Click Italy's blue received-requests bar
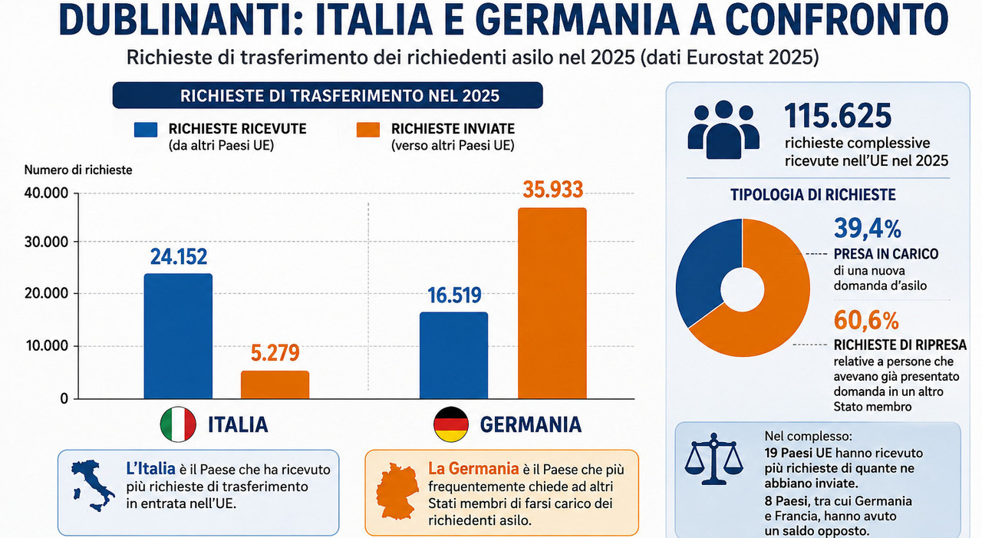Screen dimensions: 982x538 click(x=178, y=336)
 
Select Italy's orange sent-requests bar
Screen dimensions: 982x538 click(x=275, y=385)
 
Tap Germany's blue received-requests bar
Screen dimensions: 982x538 click(x=453, y=355)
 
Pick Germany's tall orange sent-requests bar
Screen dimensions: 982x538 click(x=552, y=303)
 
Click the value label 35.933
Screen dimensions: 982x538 click(x=553, y=190)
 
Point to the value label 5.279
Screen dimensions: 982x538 click(x=275, y=352)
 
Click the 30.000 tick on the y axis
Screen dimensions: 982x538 click(x=47, y=242)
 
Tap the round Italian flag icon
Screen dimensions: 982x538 click(x=178, y=424)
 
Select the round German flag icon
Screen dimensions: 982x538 click(x=450, y=424)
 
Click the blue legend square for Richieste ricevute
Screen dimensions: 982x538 click(x=146, y=130)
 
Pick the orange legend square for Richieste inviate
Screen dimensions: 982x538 click(x=367, y=130)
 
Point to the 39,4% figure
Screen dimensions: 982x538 click(x=868, y=229)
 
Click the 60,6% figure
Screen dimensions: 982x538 click(x=866, y=321)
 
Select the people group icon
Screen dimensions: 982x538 click(x=723, y=130)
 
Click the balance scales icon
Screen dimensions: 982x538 click(x=714, y=459)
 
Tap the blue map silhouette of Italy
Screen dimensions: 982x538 click(x=92, y=485)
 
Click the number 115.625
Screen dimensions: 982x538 click(x=838, y=116)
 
